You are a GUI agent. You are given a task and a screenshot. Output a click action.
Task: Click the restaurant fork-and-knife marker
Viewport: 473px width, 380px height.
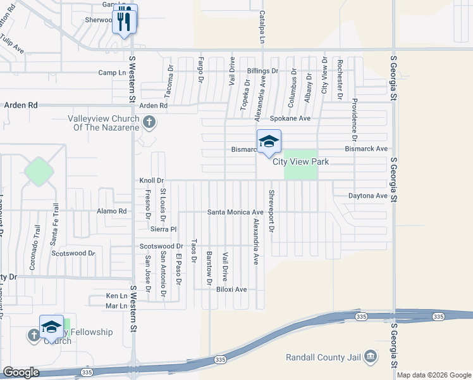tap(125, 20)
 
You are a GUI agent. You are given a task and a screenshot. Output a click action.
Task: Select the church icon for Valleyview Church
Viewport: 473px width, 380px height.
tap(149, 122)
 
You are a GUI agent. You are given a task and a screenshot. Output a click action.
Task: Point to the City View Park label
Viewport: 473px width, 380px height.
tap(300, 161)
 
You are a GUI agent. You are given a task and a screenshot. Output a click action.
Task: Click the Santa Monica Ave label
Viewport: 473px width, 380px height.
tap(235, 212)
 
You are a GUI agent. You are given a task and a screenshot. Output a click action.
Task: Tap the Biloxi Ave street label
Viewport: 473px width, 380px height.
tap(231, 289)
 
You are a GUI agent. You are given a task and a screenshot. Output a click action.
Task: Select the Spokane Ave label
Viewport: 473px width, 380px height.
tap(290, 118)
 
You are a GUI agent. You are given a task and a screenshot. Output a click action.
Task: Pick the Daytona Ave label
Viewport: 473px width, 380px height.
tap(367, 196)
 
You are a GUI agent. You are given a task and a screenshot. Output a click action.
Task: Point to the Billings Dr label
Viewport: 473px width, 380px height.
tap(262, 71)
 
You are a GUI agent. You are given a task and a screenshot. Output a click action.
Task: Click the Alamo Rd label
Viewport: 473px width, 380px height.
tap(112, 211)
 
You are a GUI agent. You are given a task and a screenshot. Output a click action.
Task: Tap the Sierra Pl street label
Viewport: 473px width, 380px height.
tap(163, 229)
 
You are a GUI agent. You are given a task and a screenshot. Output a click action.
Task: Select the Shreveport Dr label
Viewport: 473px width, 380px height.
tap(271, 211)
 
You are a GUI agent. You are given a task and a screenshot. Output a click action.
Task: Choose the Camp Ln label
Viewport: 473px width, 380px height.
tap(113, 73)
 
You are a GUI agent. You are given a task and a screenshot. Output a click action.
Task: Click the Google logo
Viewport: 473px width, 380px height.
tap(21, 372)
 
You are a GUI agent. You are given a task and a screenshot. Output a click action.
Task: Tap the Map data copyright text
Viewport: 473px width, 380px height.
tap(433, 375)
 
